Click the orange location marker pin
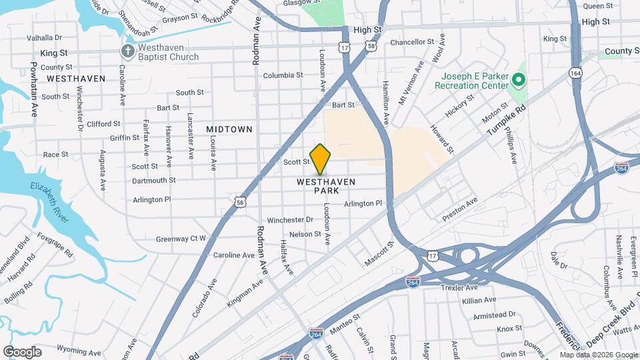[x=321, y=158]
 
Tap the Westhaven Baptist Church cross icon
[x=127, y=51]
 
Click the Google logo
[x=22, y=351]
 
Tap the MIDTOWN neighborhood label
[x=229, y=129]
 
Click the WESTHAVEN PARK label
[x=326, y=186]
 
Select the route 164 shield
[x=576, y=73]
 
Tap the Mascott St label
[x=380, y=254]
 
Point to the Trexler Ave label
[x=459, y=288]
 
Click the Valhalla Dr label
[x=44, y=38]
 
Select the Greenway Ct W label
[x=181, y=238]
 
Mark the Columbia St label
[x=283, y=75]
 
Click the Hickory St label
[x=459, y=106]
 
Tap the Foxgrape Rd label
[x=55, y=245]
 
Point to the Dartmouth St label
[x=154, y=180]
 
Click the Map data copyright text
[x=599, y=355]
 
